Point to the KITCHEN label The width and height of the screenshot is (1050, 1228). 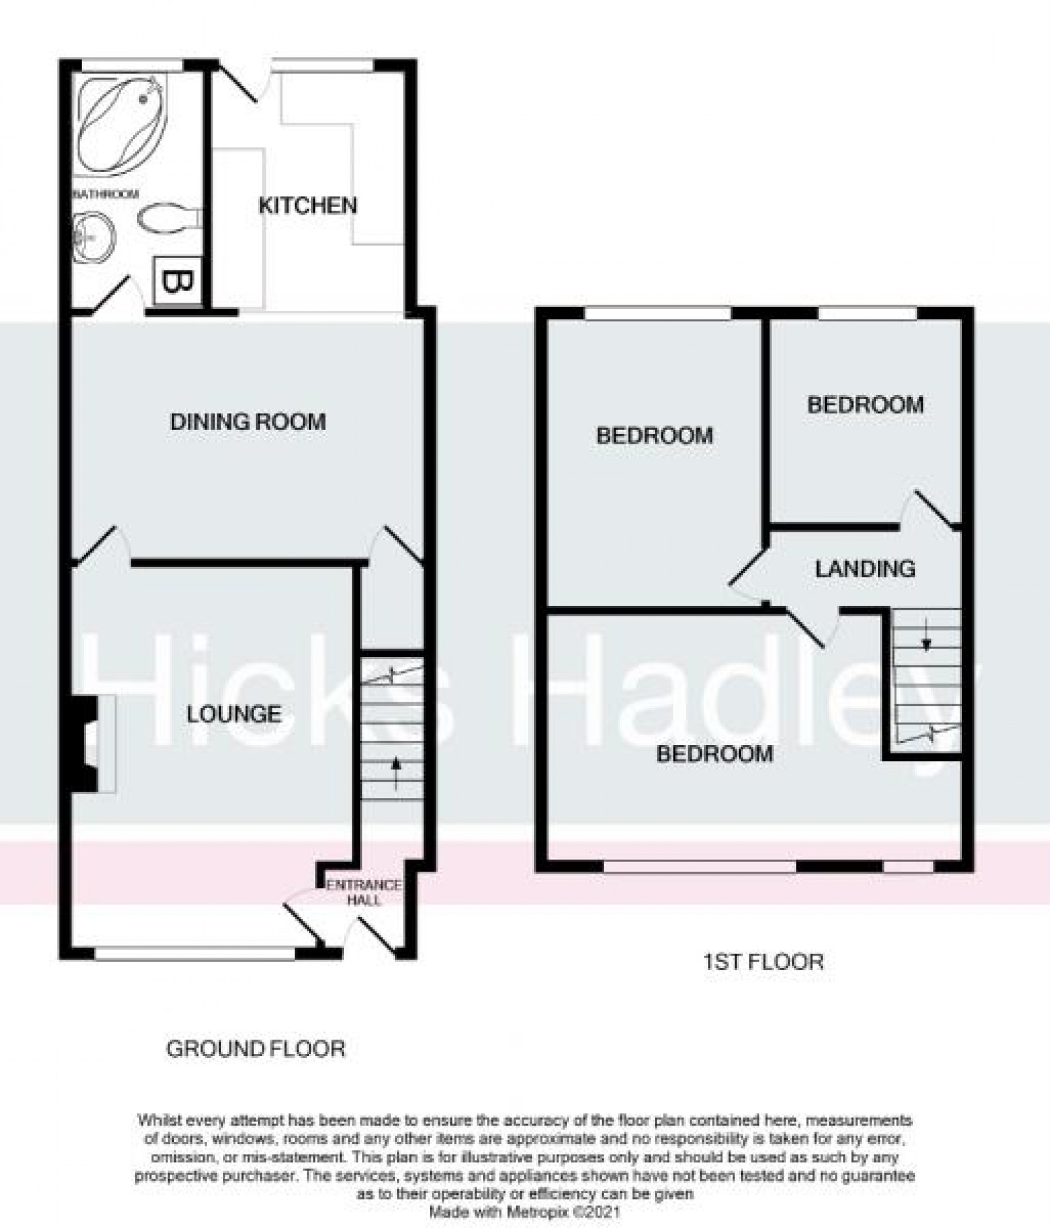308,205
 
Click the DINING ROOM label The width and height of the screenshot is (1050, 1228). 248,421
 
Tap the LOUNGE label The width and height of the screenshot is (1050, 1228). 234,714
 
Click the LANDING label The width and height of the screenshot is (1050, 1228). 865,568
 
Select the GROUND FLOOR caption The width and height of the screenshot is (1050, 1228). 255,1049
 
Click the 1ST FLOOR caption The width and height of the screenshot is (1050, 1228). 763,962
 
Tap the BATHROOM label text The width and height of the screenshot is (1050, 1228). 106,194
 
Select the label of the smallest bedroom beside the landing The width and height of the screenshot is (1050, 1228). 865,404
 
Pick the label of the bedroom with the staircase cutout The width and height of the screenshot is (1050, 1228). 714,753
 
